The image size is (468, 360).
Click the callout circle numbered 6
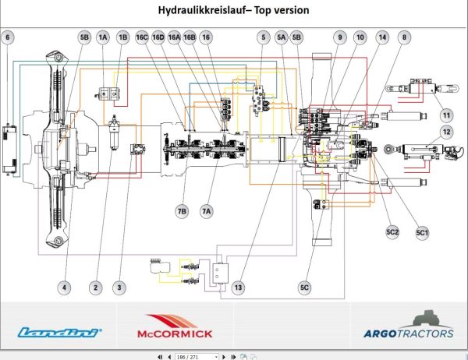[8, 37]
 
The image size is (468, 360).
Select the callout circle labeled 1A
[103, 37]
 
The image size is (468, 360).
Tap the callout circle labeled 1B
[122, 37]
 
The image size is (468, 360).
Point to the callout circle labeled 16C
[142, 37]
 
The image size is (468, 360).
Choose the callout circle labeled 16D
[158, 37]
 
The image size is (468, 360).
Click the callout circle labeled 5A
[282, 37]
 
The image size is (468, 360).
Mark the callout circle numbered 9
[340, 37]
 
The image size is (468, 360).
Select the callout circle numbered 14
[381, 37]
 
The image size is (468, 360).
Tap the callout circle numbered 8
[403, 37]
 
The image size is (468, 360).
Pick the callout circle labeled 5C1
[422, 232]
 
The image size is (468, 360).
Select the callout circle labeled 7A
[207, 210]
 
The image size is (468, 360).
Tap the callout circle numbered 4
[66, 288]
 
